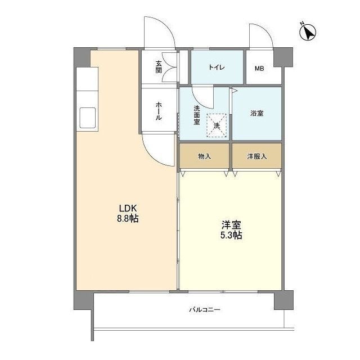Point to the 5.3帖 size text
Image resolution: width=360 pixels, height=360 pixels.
230,236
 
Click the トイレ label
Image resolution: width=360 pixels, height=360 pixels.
217,68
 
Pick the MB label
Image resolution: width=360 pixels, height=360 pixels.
259,69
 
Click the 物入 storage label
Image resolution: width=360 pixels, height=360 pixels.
204,156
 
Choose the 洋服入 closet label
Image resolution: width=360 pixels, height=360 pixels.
256,156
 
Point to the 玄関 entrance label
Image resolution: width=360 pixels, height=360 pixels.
159,67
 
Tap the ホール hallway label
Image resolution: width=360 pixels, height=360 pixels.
159,110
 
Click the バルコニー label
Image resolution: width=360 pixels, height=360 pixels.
204,310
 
